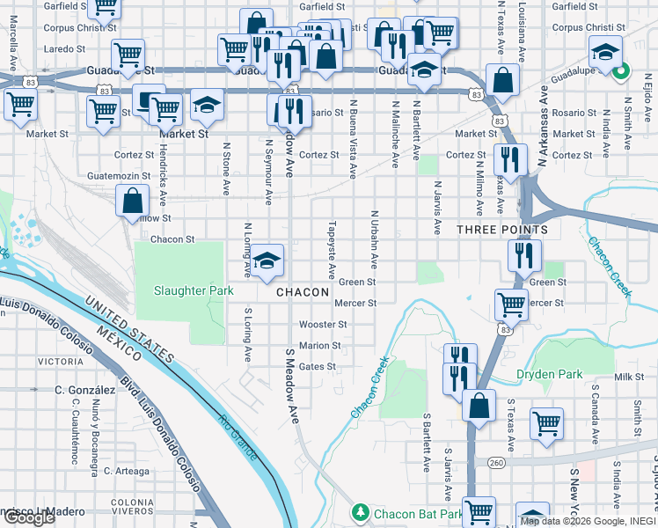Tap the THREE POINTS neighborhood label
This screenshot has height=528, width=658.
click(x=502, y=230)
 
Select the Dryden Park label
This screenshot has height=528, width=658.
click(x=549, y=374)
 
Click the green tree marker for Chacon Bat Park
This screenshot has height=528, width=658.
click(x=360, y=513)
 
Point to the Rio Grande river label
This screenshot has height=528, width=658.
click(x=239, y=436)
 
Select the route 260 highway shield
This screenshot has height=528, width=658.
click(x=496, y=462)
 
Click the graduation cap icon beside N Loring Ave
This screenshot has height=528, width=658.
click(x=267, y=260)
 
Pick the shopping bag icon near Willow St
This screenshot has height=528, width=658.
click(x=131, y=201)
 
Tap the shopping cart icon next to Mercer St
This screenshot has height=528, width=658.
click(x=511, y=304)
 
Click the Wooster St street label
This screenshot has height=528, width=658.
click(x=324, y=325)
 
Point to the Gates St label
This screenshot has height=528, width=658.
click(x=318, y=366)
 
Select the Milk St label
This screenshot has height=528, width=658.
click(x=630, y=377)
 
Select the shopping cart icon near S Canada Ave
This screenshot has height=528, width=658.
click(x=546, y=423)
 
